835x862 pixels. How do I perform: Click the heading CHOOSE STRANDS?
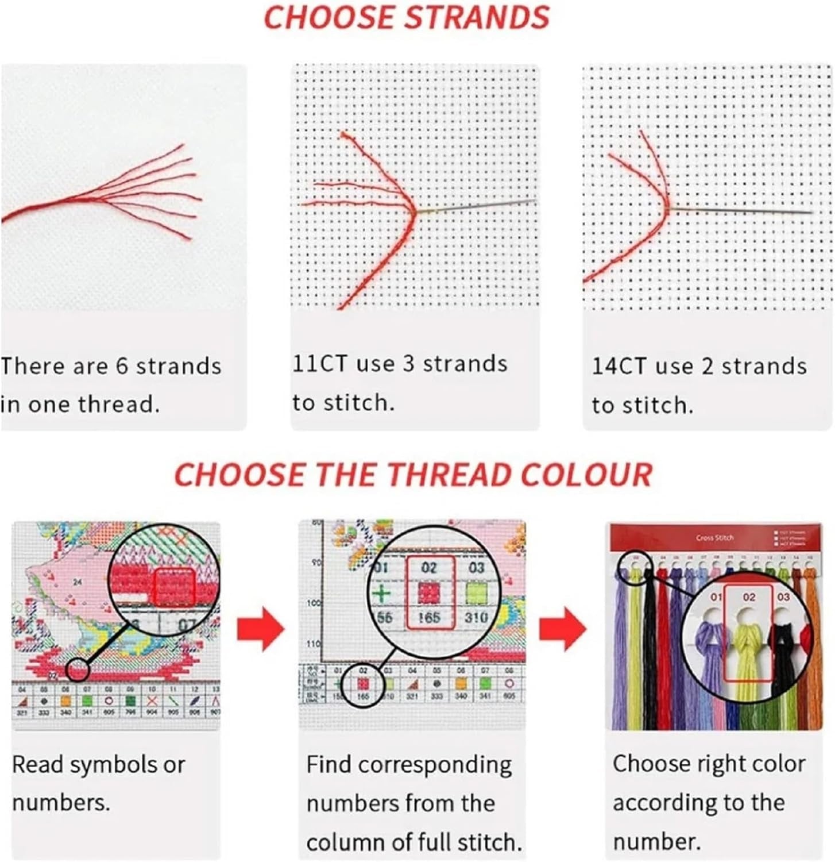coord(406,17)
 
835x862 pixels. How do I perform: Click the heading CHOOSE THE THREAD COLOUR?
coord(413,475)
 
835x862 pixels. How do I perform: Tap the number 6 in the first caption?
coord(122,366)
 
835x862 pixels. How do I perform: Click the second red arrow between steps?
coord(562,628)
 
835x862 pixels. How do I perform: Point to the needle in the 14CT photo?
coord(741,211)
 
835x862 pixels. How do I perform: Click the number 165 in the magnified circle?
coord(429,617)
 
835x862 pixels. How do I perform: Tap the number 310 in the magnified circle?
coord(476,617)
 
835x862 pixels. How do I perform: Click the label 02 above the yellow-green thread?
coord(749,597)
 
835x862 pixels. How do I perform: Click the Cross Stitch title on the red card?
coord(714,538)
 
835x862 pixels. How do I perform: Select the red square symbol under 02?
coord(429,592)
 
